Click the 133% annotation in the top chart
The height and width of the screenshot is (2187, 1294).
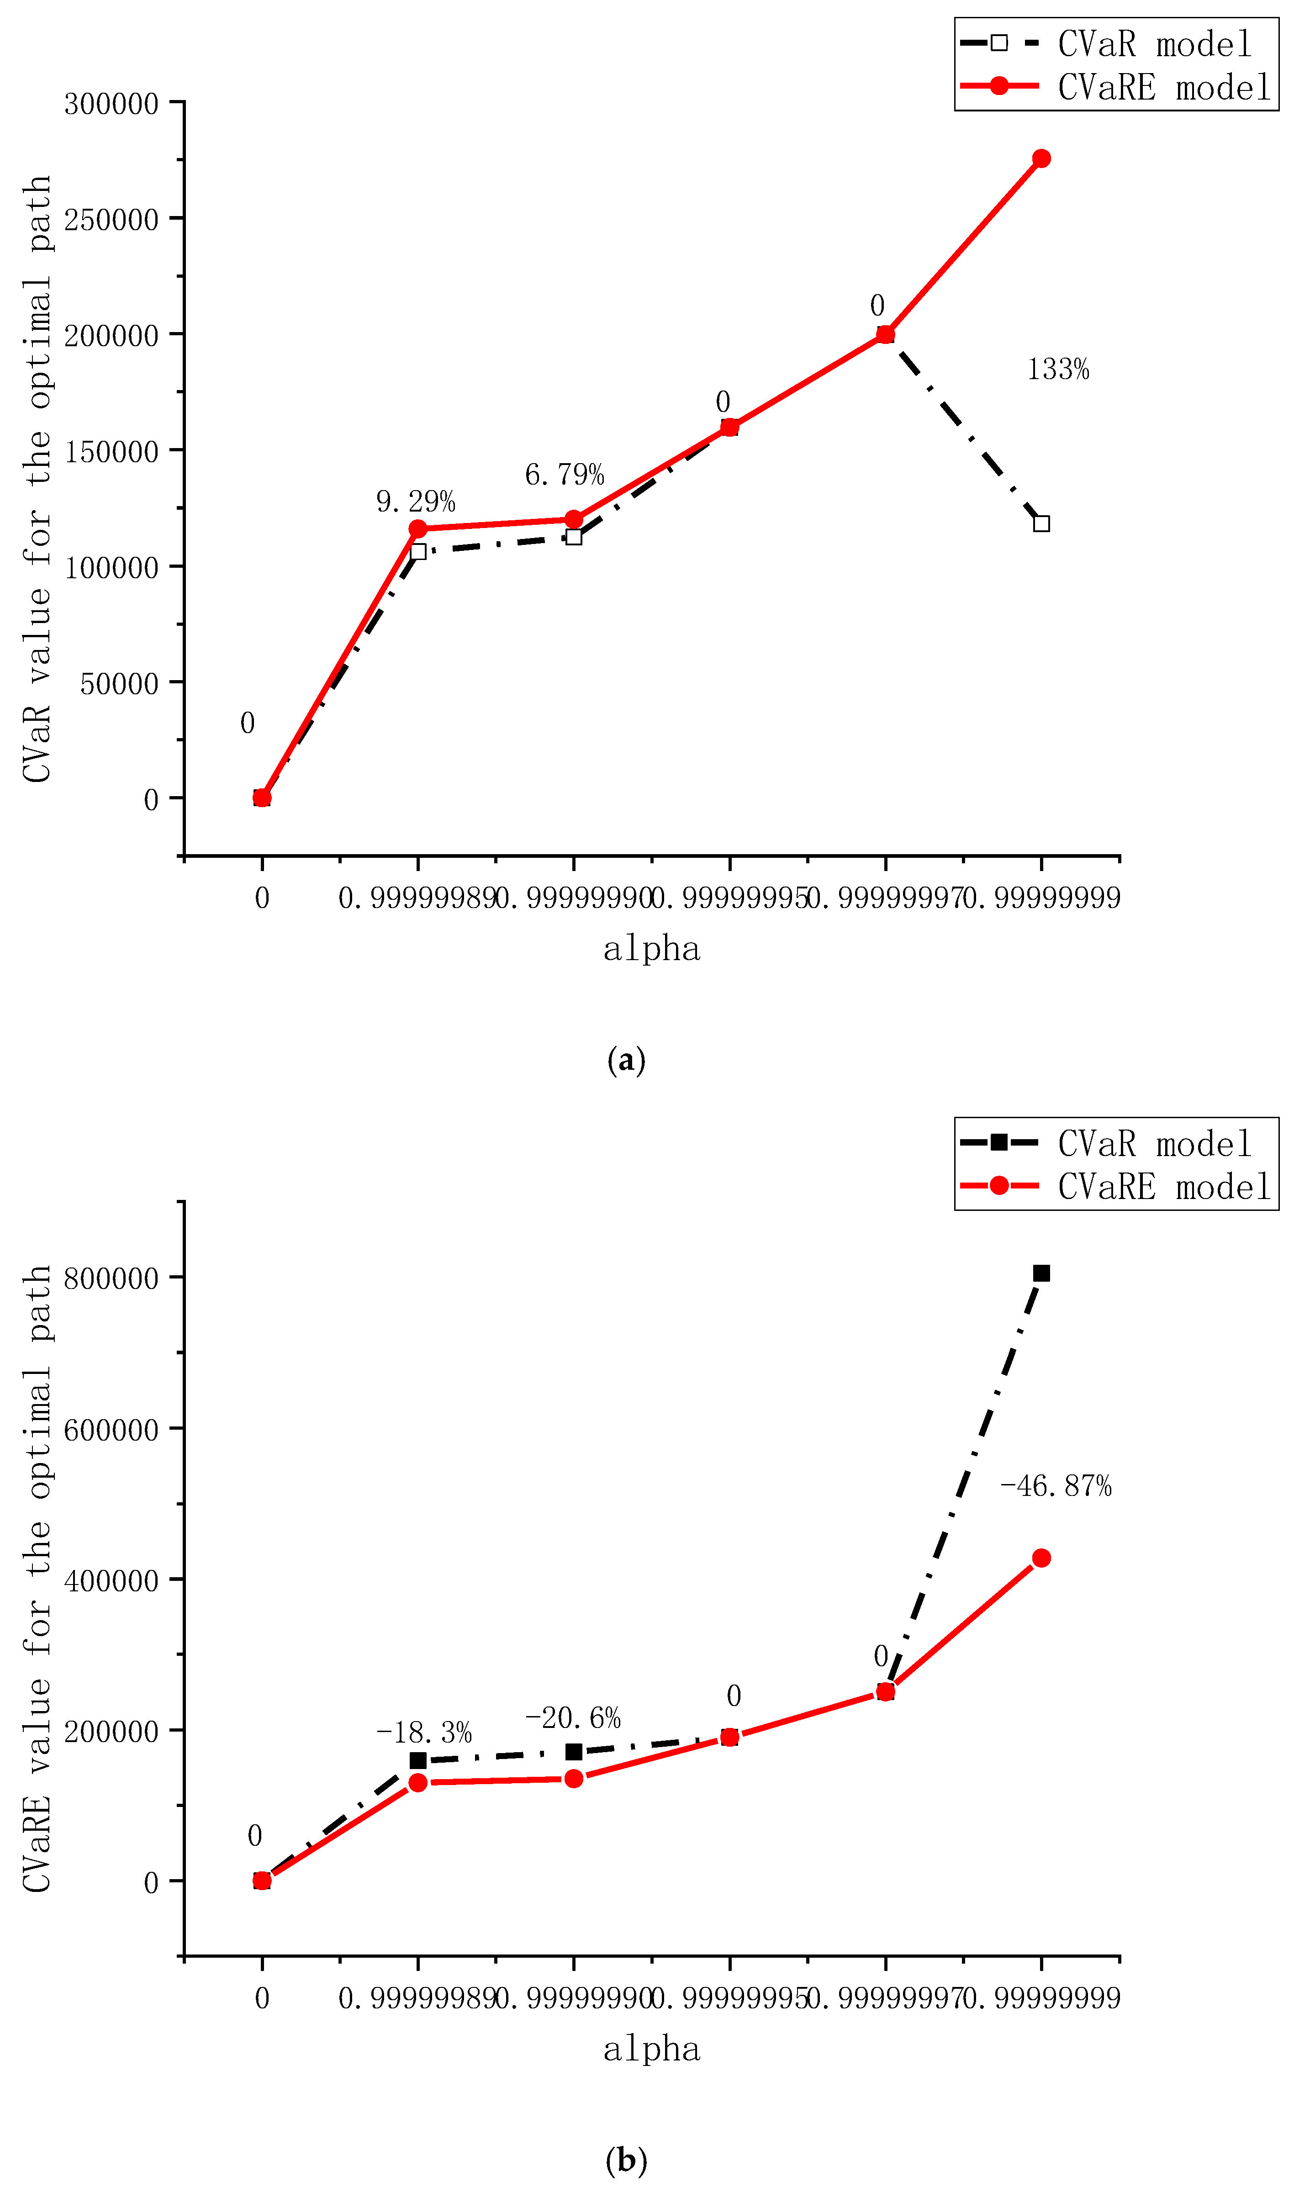click(x=1058, y=370)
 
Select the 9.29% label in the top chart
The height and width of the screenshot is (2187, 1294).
click(x=416, y=502)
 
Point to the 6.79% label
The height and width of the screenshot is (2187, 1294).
click(x=564, y=475)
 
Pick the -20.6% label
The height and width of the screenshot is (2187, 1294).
click(x=573, y=1718)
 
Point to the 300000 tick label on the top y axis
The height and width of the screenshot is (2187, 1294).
click(x=111, y=104)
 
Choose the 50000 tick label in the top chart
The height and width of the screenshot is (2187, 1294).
click(x=120, y=683)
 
